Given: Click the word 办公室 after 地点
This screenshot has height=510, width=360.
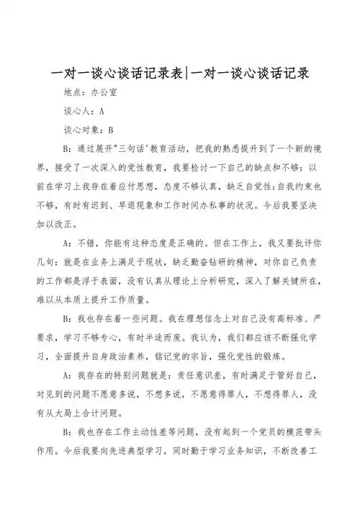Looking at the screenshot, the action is point(107,93).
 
